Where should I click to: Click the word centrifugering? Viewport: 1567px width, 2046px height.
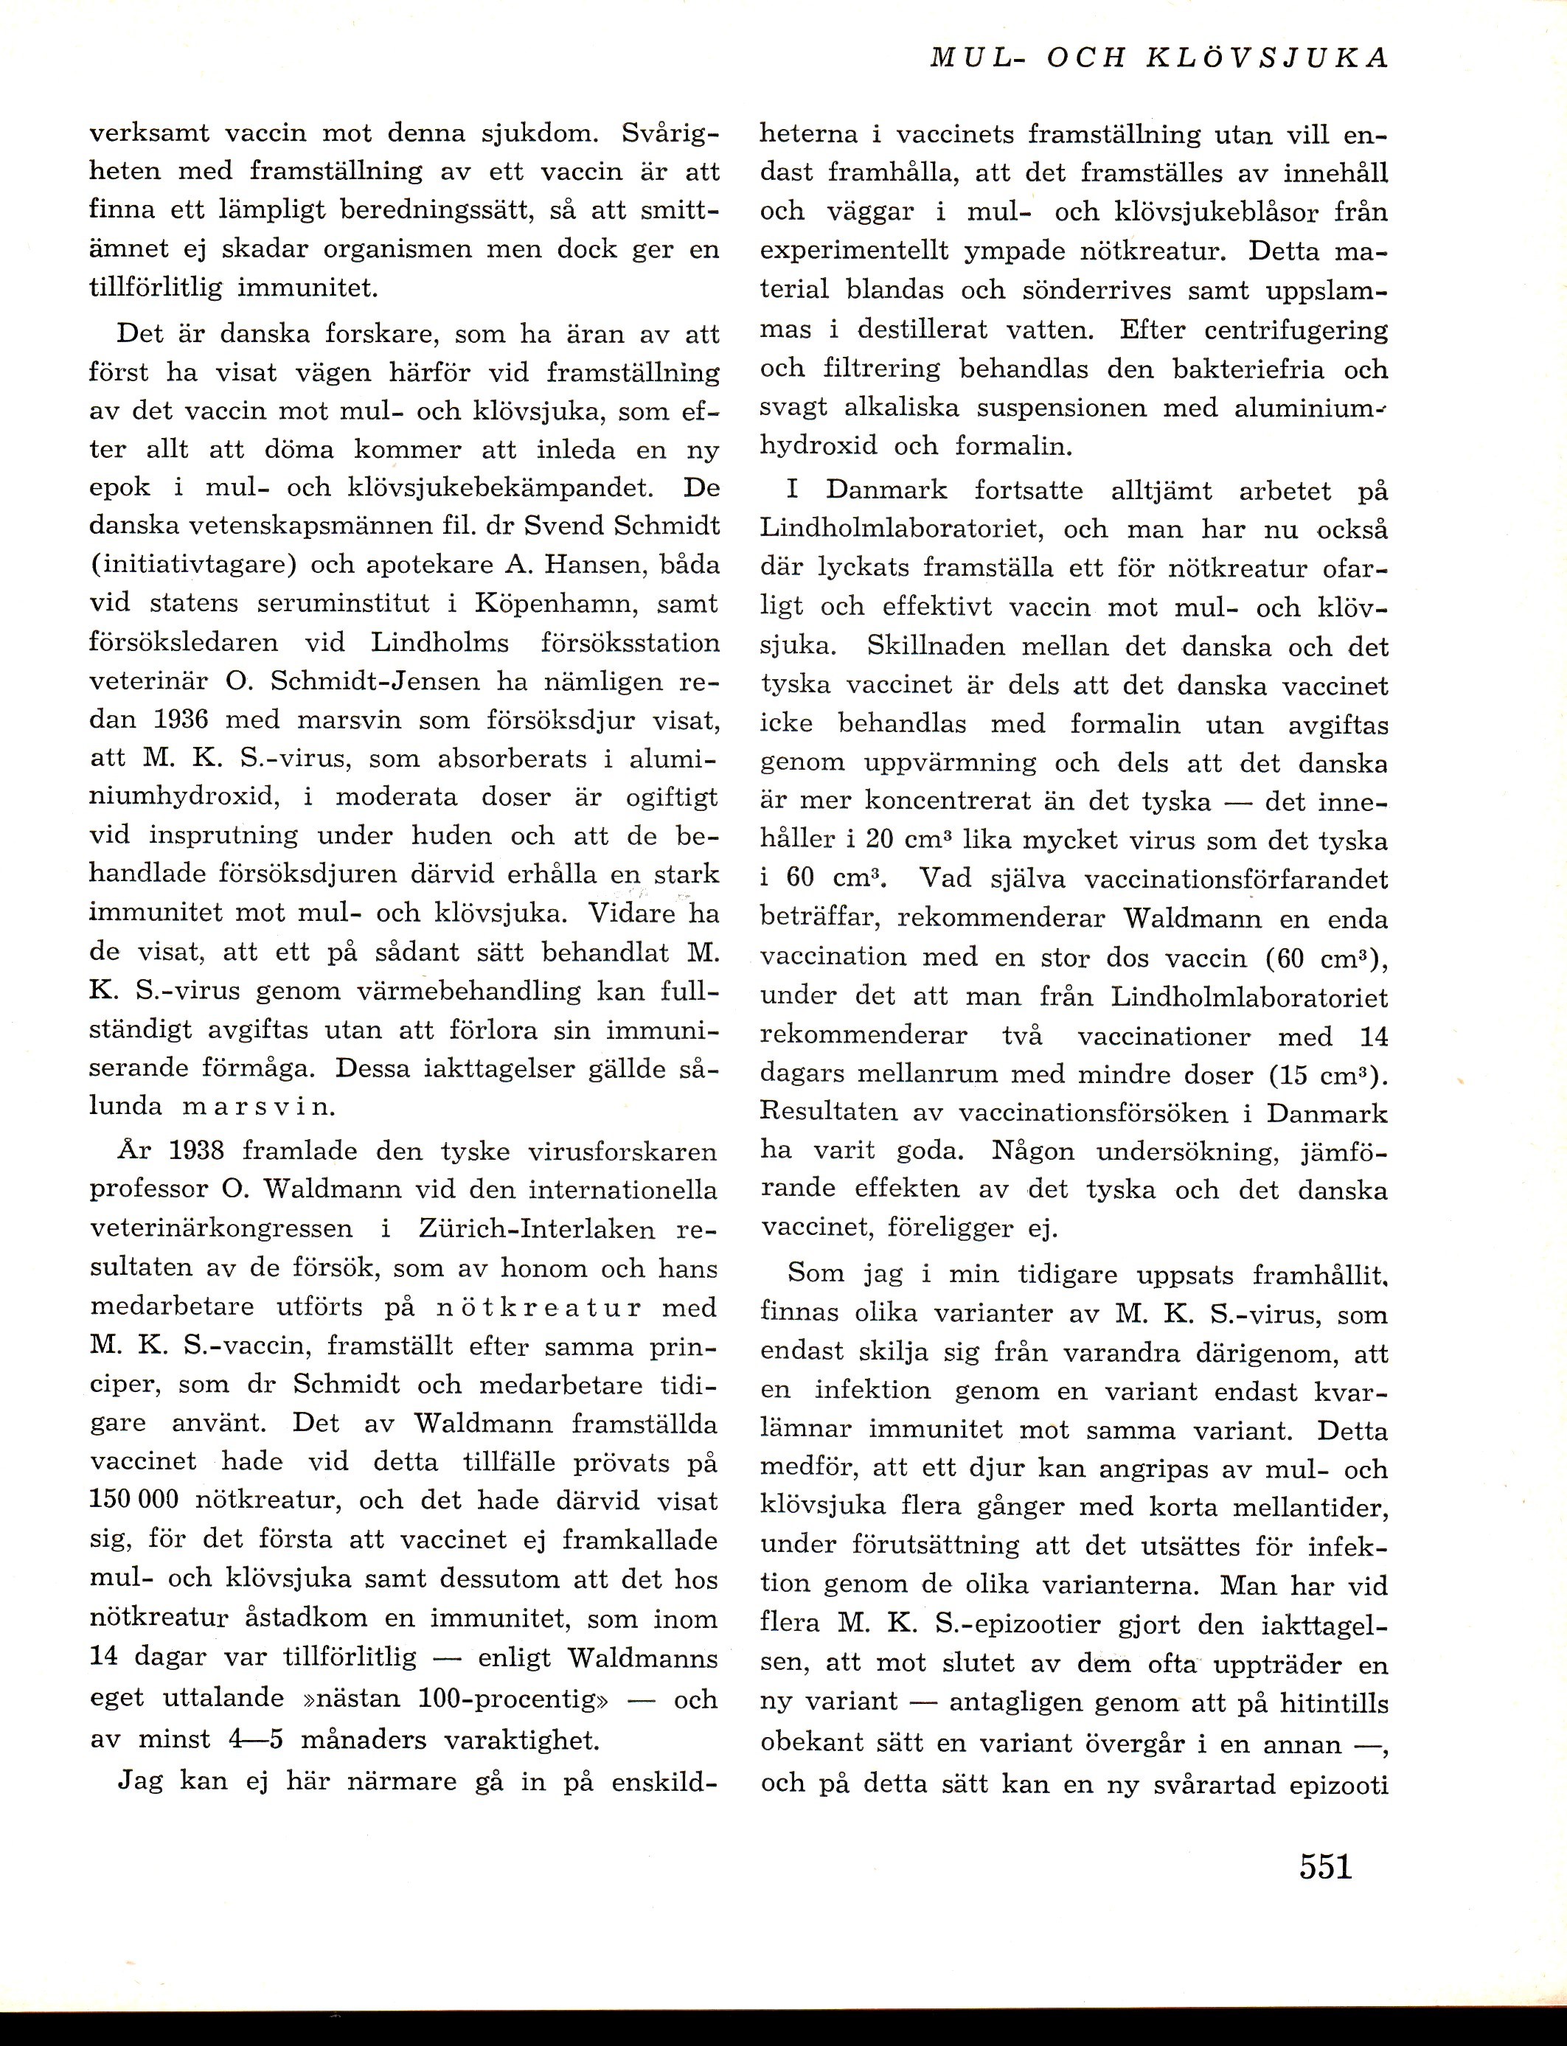pyautogui.click(x=1296, y=331)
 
